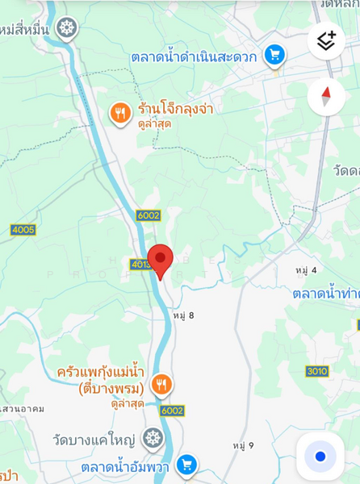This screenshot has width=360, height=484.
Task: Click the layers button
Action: [326, 40]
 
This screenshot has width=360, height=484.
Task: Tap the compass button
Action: [326, 97]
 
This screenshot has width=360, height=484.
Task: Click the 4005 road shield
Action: [23, 230]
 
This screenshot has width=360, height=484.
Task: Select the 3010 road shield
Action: [317, 371]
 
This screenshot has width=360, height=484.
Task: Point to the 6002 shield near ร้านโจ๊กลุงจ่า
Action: [149, 215]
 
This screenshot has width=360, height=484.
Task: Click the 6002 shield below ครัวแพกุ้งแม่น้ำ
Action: [172, 411]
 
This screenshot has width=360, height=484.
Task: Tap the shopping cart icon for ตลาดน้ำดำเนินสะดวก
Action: [274, 55]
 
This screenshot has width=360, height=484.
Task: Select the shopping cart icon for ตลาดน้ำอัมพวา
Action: [186, 465]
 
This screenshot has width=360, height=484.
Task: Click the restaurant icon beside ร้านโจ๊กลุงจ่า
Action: [120, 114]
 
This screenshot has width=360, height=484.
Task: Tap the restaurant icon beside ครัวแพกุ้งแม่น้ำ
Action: [161, 384]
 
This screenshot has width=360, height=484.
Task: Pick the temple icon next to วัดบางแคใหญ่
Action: [153, 439]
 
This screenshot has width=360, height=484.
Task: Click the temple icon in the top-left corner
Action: [67, 29]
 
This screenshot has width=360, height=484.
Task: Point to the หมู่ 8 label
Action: [183, 315]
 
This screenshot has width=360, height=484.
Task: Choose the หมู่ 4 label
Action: [306, 269]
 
